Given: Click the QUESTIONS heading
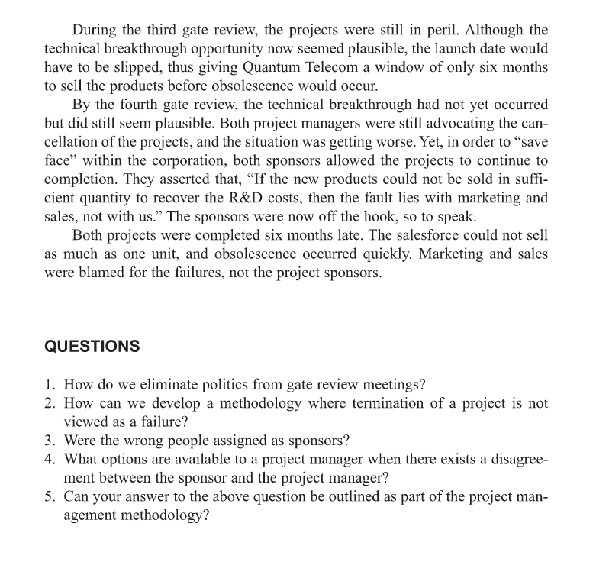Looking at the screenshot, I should pyautogui.click(x=92, y=346).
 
